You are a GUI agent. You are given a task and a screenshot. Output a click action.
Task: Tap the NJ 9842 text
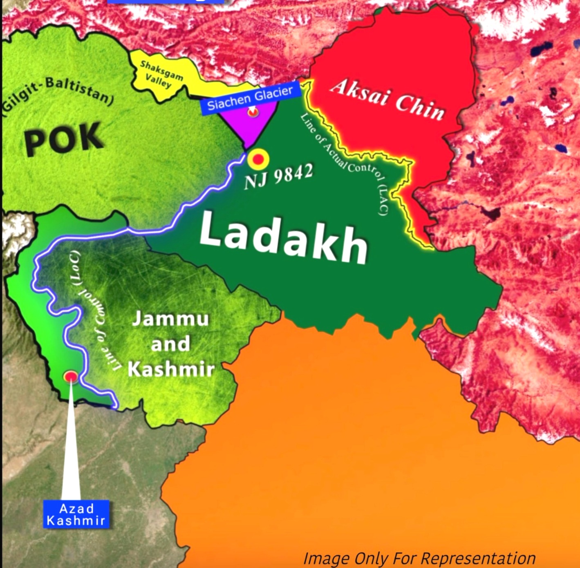[x=278, y=177]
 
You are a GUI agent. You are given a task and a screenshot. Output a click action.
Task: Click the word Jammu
[x=170, y=318]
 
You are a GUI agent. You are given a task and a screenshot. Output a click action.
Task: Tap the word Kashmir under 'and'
[x=171, y=369]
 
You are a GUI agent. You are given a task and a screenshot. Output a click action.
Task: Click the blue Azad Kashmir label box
[x=76, y=514]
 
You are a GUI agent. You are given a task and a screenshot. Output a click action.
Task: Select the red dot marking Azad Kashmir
[x=71, y=376]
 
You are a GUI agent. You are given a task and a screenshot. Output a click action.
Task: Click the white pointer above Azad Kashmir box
[x=71, y=449]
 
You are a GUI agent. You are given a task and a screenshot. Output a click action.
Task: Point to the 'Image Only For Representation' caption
[x=419, y=558]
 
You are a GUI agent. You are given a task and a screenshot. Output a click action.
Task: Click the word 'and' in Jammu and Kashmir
[x=170, y=344]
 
